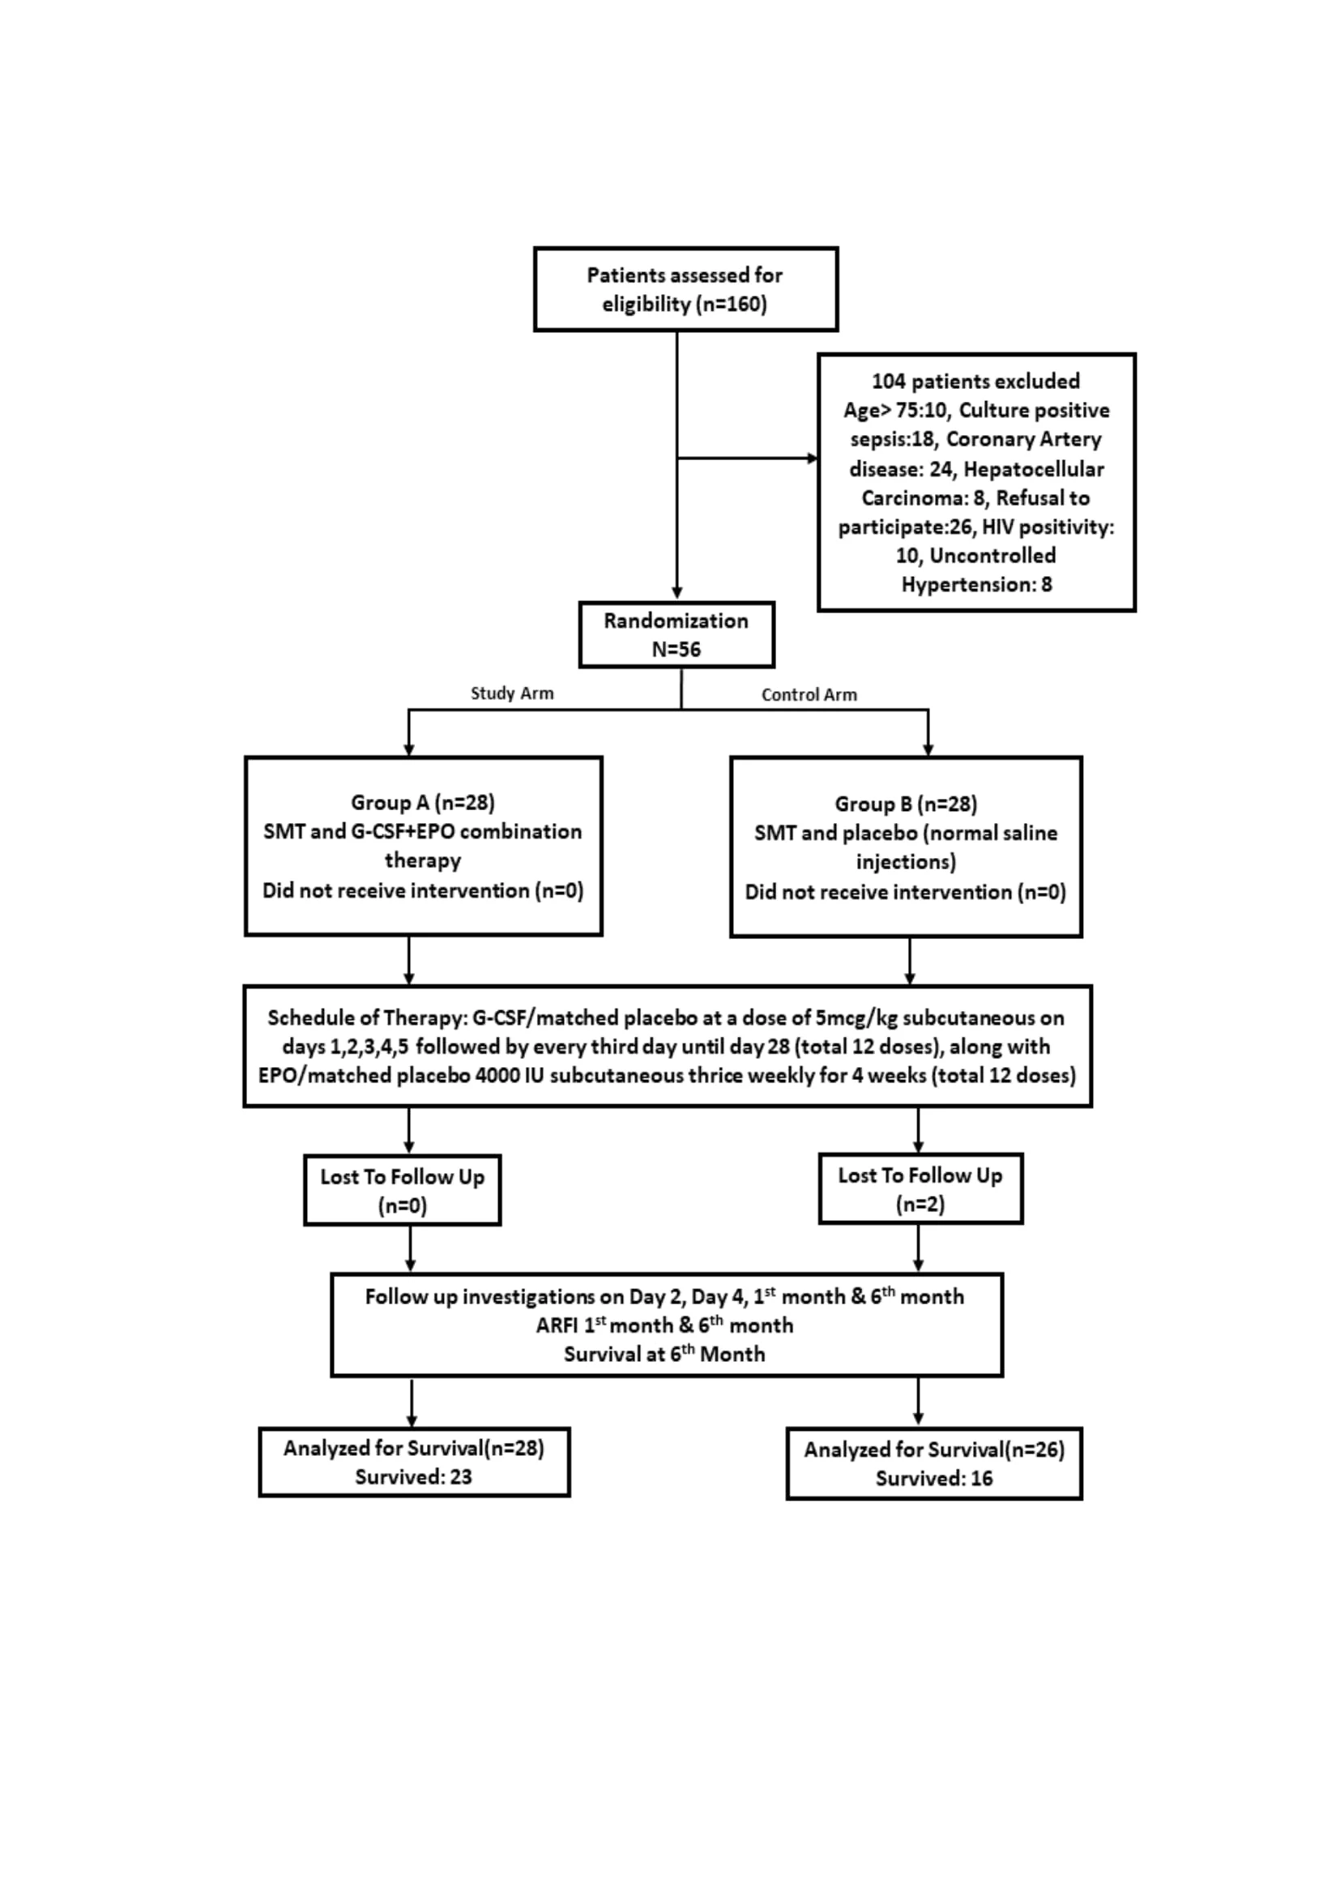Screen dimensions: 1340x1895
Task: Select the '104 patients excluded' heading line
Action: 975,382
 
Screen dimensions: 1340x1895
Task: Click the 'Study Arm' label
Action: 511,694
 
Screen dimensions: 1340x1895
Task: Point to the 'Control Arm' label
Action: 809,695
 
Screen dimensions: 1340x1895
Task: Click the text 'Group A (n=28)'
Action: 422,802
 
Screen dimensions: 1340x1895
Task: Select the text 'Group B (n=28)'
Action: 906,804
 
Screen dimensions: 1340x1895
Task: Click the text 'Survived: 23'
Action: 413,1477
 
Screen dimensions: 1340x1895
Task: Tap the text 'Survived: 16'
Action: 934,1479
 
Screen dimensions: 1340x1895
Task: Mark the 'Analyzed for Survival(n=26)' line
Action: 934,1449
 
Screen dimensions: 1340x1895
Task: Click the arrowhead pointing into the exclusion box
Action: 813,458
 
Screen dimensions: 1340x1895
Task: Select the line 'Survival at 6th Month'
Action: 664,1354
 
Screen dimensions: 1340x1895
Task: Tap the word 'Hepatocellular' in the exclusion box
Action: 1033,469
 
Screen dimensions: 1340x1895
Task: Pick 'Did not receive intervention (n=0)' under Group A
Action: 422,890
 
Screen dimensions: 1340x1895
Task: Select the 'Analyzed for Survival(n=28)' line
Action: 413,1448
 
